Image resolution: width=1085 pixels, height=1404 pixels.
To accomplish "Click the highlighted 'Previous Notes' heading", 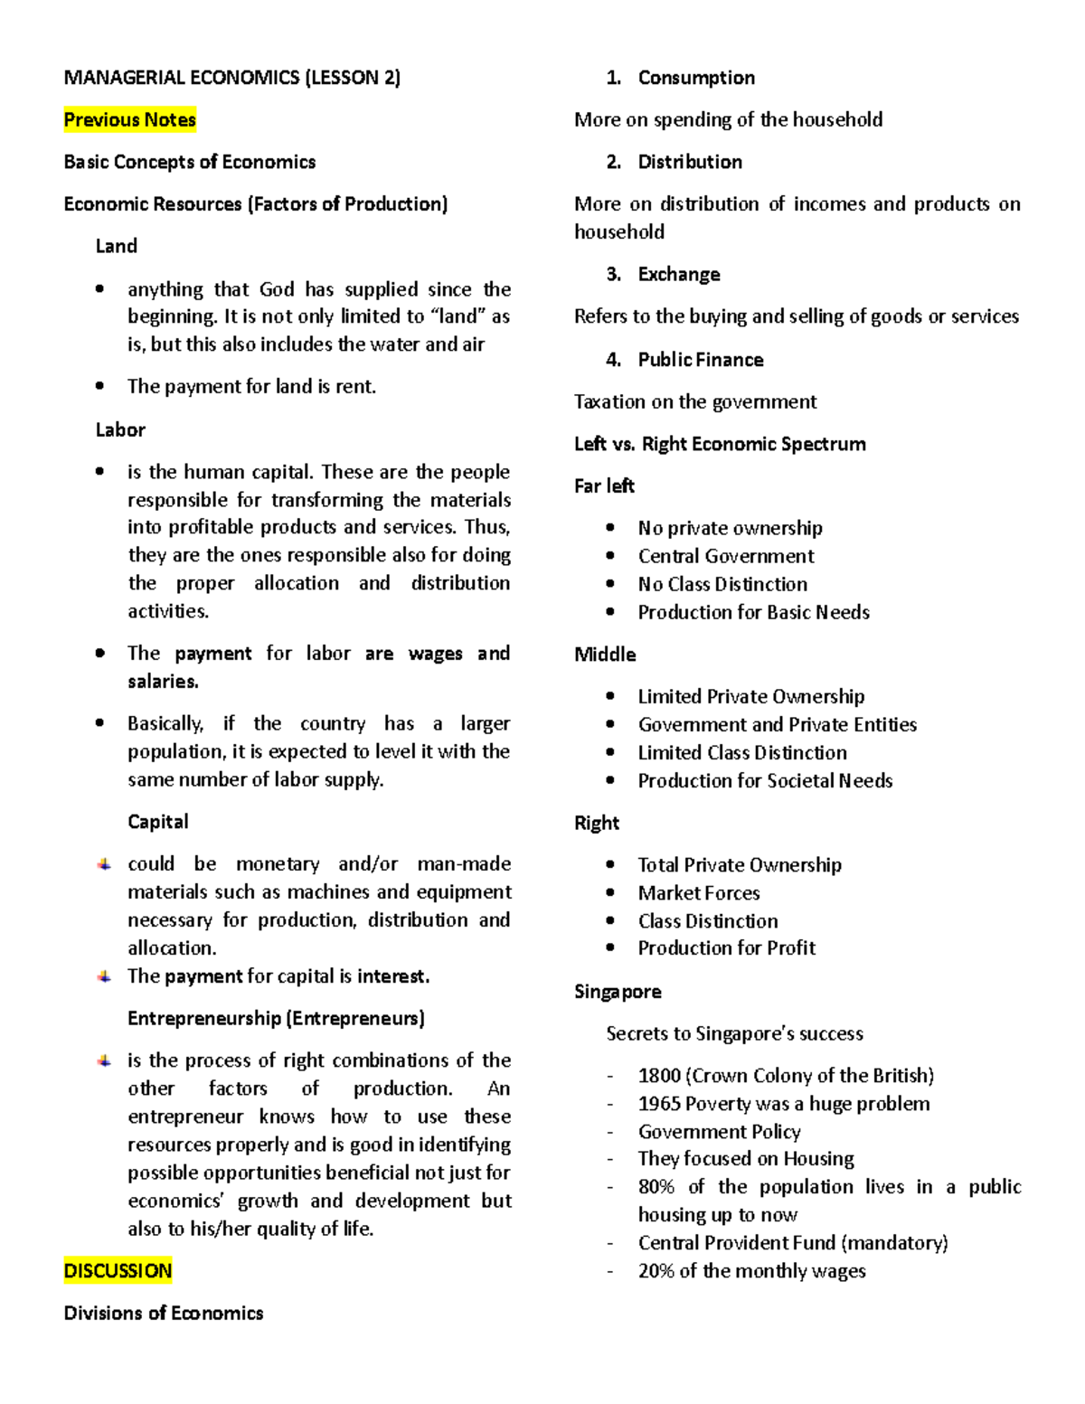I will pyautogui.click(x=129, y=119).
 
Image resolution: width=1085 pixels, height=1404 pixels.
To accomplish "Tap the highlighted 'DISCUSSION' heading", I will pyautogui.click(x=118, y=1270).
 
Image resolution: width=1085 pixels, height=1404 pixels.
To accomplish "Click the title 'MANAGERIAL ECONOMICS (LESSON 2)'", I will pyautogui.click(x=231, y=78).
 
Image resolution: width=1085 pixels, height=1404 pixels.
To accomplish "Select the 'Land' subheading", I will pyautogui.click(x=117, y=246).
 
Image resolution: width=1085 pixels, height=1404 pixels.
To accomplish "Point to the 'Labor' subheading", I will pyautogui.click(x=120, y=429).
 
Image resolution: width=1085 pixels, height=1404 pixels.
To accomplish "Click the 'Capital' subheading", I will pyautogui.click(x=158, y=821).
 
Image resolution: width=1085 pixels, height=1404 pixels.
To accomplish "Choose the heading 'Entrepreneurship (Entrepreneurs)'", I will pyautogui.click(x=276, y=1018).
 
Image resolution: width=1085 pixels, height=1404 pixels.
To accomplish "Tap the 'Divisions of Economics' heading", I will pyautogui.click(x=164, y=1313).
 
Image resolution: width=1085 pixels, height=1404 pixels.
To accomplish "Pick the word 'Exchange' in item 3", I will pyautogui.click(x=679, y=274).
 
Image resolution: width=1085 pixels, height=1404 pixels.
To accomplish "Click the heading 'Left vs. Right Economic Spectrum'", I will pyautogui.click(x=720, y=444).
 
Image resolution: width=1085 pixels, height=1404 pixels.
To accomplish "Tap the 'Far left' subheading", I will pyautogui.click(x=604, y=485).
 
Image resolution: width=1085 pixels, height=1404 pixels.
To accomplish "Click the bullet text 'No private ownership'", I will pyautogui.click(x=730, y=528).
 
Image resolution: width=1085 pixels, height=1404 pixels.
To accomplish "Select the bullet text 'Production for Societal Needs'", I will pyautogui.click(x=765, y=780).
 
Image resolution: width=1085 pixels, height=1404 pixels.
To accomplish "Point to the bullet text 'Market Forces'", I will pyautogui.click(x=699, y=893).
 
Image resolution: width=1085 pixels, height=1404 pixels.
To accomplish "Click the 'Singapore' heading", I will pyautogui.click(x=618, y=992).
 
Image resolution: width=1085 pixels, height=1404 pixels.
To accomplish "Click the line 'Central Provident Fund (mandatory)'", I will pyautogui.click(x=793, y=1243).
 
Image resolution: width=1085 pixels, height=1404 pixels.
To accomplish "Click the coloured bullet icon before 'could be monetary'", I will pyautogui.click(x=105, y=864).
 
